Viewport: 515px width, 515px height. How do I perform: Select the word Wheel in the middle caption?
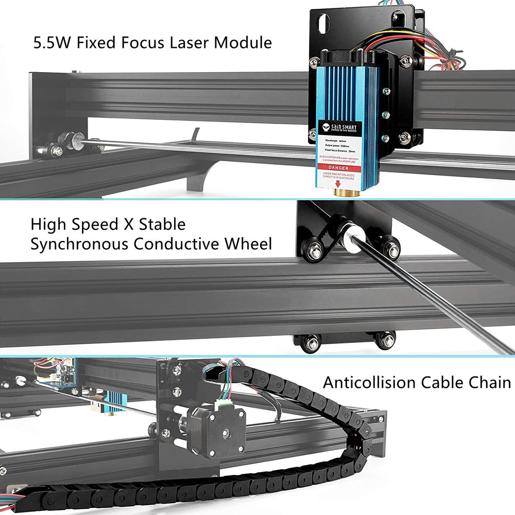tap(248, 244)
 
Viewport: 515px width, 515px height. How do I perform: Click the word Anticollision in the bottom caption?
tap(369, 383)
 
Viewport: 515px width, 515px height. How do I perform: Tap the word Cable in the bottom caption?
tap(442, 383)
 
